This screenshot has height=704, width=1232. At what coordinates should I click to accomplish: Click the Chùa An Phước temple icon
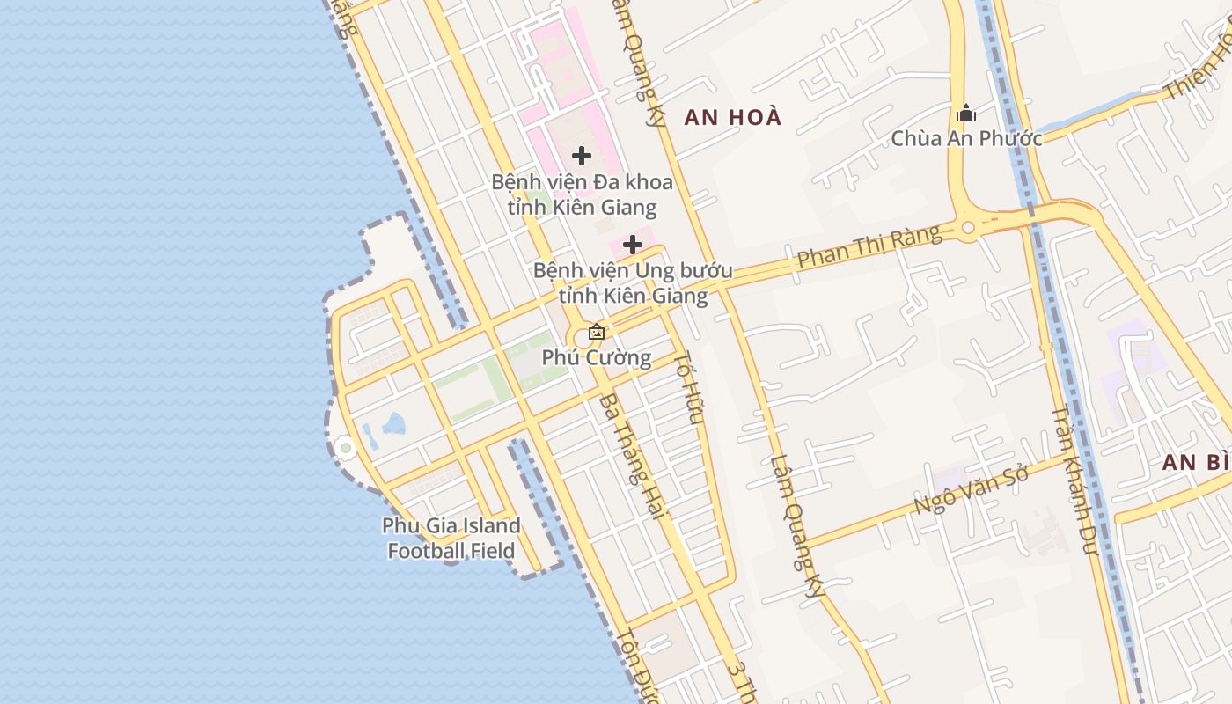coord(965,114)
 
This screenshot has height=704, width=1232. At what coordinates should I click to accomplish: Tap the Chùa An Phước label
coord(966,139)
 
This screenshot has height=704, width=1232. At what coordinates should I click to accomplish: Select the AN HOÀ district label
coord(733,117)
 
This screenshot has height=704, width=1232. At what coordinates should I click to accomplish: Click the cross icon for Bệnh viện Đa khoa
coord(582,156)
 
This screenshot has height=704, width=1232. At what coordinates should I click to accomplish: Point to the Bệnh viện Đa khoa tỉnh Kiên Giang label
coord(582,194)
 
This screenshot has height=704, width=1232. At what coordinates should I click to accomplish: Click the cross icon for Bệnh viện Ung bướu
coord(633,245)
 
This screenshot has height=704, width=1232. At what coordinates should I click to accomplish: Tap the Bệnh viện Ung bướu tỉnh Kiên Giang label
coord(620,282)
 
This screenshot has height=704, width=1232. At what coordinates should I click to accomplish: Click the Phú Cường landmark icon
coord(597,332)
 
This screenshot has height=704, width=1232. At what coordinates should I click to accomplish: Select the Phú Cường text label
coord(597,357)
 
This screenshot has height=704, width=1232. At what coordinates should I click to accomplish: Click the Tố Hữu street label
coord(688,388)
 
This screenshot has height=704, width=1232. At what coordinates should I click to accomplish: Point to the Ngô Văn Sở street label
coord(971,490)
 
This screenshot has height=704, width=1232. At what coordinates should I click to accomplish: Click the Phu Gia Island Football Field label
coord(451,539)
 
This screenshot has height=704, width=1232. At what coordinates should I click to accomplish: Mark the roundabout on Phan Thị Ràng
coord(969,228)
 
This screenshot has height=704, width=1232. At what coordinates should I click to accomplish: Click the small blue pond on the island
coord(391,428)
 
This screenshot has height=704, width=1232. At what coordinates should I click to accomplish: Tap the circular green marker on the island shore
coord(346,449)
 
